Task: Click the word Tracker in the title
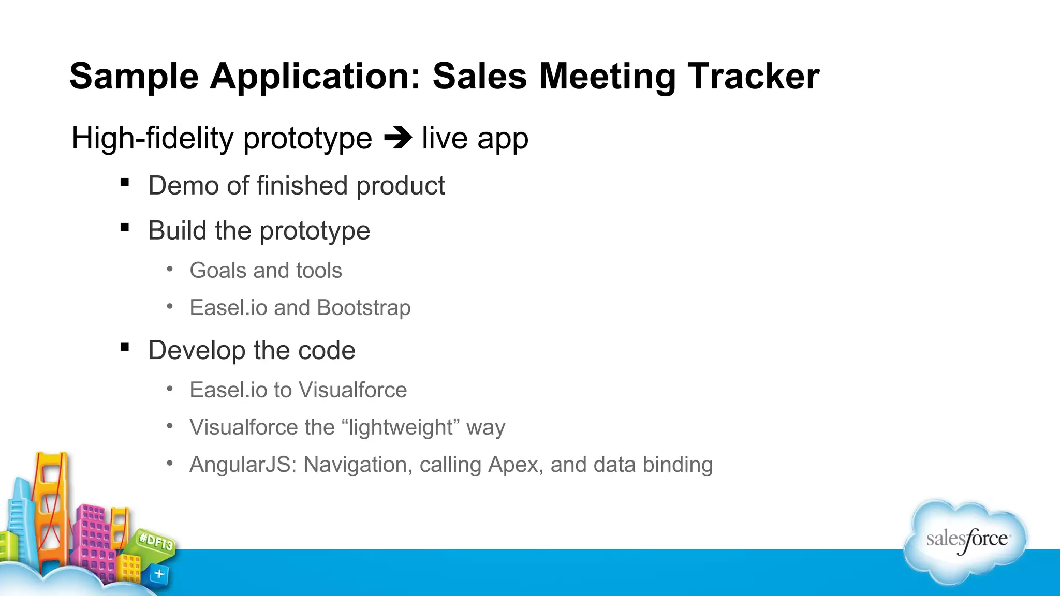tap(753, 77)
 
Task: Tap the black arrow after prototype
tap(397, 138)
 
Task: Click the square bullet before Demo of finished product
tap(124, 182)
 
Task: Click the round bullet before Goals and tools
tap(170, 269)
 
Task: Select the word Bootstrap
tap(363, 308)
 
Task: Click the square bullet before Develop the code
tap(124, 347)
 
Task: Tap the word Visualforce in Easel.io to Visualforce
tap(352, 390)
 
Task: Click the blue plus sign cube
tap(159, 574)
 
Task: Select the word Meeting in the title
tap(607, 77)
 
